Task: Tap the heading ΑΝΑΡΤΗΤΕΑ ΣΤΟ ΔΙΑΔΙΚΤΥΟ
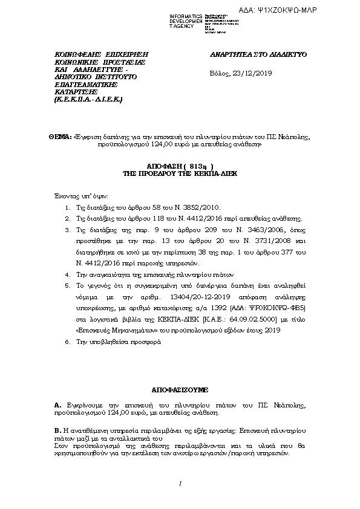pyautogui.click(x=258, y=54)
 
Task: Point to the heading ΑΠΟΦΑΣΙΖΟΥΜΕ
pyautogui.click(x=180, y=391)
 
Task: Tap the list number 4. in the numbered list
pyautogui.click(x=67, y=274)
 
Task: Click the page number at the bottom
pyautogui.click(x=180, y=482)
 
